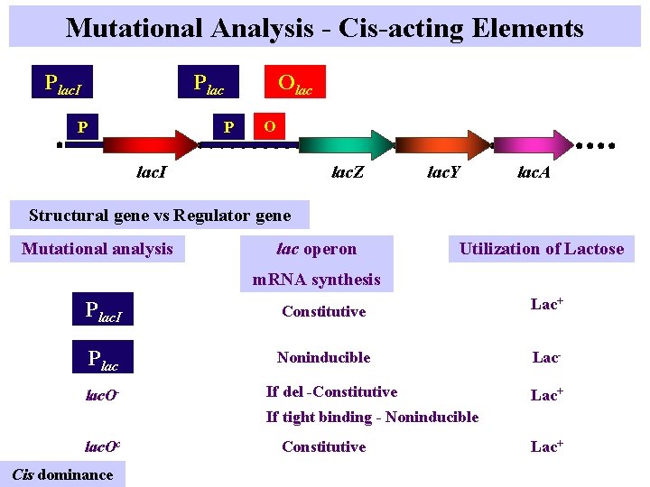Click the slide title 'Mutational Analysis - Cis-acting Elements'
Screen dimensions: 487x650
pos(325,28)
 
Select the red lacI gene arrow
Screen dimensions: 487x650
pos(158,143)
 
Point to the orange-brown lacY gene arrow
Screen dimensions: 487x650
pos(443,143)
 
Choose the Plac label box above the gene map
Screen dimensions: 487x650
pos(209,83)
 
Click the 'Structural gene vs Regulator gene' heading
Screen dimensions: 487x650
pos(160,215)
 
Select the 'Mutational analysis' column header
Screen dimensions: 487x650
pos(97,249)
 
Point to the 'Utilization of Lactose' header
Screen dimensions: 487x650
pos(542,249)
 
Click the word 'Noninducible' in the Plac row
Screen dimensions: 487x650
pos(323,357)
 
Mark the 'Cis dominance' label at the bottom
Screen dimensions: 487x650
pos(62,474)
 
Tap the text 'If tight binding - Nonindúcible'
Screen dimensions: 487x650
pos(372,417)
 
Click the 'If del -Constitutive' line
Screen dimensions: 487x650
pos(331,391)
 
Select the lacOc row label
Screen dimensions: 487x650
pos(103,446)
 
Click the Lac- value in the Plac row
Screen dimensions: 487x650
pos(545,357)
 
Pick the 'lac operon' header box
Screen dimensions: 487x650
pos(316,249)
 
